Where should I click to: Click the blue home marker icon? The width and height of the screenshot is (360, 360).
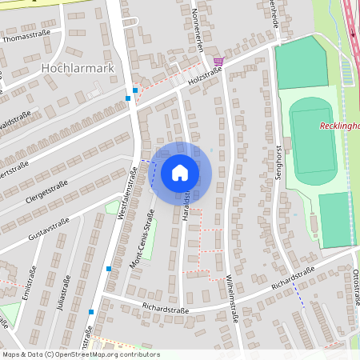[180, 173]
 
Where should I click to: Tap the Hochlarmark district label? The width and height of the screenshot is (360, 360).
[77, 69]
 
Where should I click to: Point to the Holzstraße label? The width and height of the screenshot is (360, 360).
[205, 77]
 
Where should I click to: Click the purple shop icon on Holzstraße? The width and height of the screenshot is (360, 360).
[218, 60]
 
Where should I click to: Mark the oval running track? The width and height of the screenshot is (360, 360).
[314, 137]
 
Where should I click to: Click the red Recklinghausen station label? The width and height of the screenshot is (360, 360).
[339, 126]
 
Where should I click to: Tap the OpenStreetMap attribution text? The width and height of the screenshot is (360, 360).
[80, 354]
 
